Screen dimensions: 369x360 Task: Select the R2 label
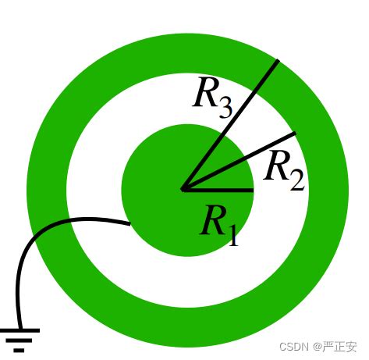click(x=284, y=170)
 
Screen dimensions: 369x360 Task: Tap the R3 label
click(x=212, y=97)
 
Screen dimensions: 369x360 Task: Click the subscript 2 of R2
click(x=297, y=180)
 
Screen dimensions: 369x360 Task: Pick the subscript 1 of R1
click(x=233, y=236)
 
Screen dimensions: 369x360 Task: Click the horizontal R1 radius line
click(x=218, y=190)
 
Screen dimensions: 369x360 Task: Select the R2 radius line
click(x=239, y=162)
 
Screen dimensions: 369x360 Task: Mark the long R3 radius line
click(x=230, y=125)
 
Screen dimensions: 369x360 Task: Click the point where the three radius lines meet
click(x=183, y=190)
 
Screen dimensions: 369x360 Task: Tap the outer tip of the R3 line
click(x=278, y=61)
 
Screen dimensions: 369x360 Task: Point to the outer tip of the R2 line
click(x=296, y=134)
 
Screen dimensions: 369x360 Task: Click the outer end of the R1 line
click(x=254, y=190)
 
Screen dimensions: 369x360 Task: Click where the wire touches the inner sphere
click(x=130, y=223)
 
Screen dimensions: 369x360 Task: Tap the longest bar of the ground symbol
click(x=20, y=330)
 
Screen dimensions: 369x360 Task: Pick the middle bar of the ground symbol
click(x=19, y=340)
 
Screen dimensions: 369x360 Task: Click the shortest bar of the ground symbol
click(x=19, y=351)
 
